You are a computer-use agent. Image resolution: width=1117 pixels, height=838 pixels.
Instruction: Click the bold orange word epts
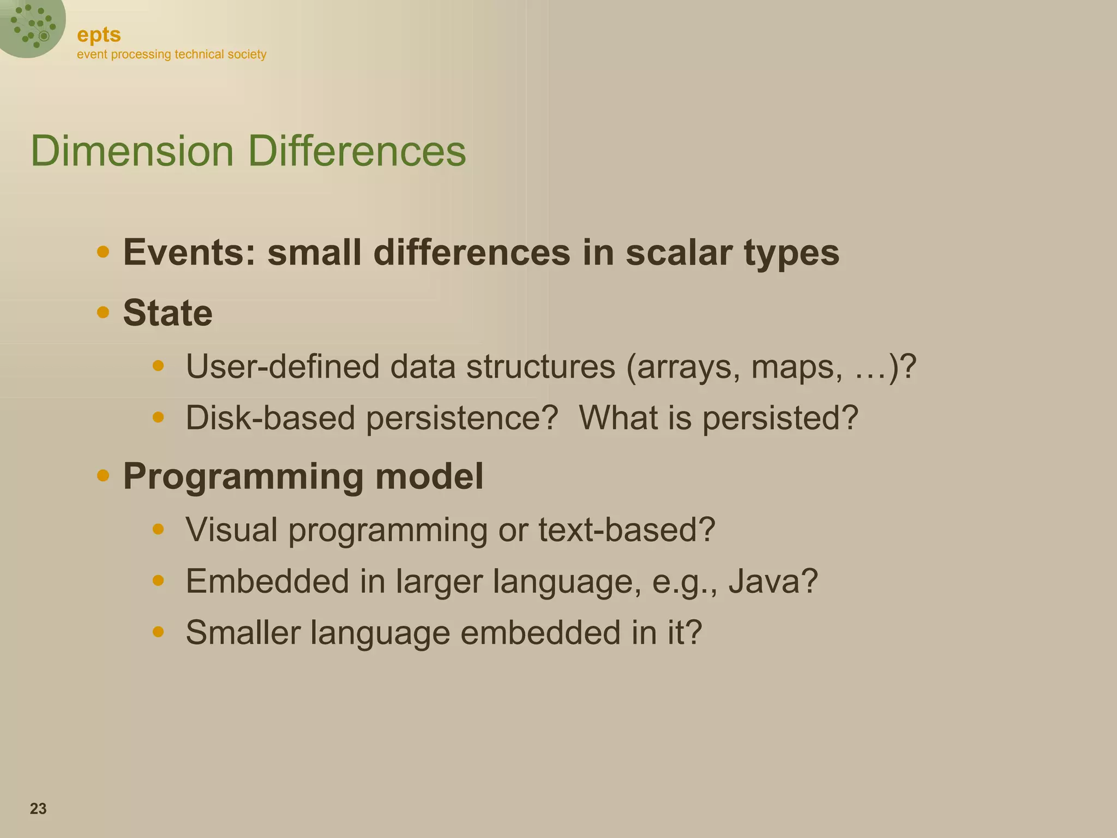99,35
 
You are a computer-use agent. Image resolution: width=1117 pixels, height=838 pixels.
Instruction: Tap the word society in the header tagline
247,55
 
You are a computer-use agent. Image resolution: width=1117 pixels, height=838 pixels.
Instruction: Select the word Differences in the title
357,151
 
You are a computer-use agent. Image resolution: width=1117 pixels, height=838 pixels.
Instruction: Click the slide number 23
38,809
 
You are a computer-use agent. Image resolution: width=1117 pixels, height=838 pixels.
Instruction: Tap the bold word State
167,313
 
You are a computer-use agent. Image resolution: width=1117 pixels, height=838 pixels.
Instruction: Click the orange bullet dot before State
103,312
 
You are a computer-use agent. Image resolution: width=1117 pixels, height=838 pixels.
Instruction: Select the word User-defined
282,366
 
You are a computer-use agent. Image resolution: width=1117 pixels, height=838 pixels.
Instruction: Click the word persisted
779,418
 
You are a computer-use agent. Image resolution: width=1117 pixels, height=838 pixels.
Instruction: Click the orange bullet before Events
103,252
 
